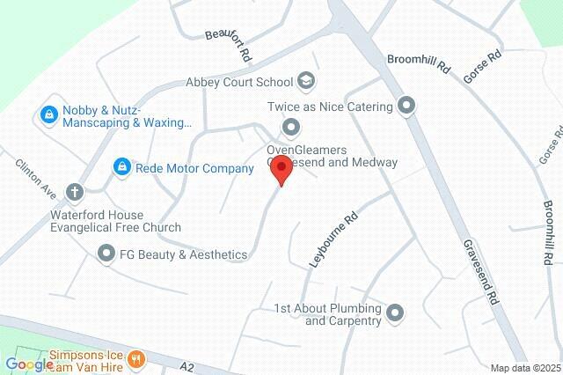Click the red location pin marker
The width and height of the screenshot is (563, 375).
tap(281, 168)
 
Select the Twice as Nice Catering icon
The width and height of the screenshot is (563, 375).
tap(406, 107)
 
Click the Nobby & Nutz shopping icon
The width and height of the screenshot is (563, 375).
tap(48, 114)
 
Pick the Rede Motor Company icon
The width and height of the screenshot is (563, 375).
tap(121, 166)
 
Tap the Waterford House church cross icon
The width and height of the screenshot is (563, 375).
tap(76, 191)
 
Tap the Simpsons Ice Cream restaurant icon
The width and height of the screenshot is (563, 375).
tap(135, 358)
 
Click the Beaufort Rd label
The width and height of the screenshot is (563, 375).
tap(229, 45)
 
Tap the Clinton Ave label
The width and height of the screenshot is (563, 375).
tap(35, 179)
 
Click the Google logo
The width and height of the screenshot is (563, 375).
tap(29, 364)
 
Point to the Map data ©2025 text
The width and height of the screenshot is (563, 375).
tap(524, 368)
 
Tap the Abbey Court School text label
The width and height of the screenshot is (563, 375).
tap(239, 82)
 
